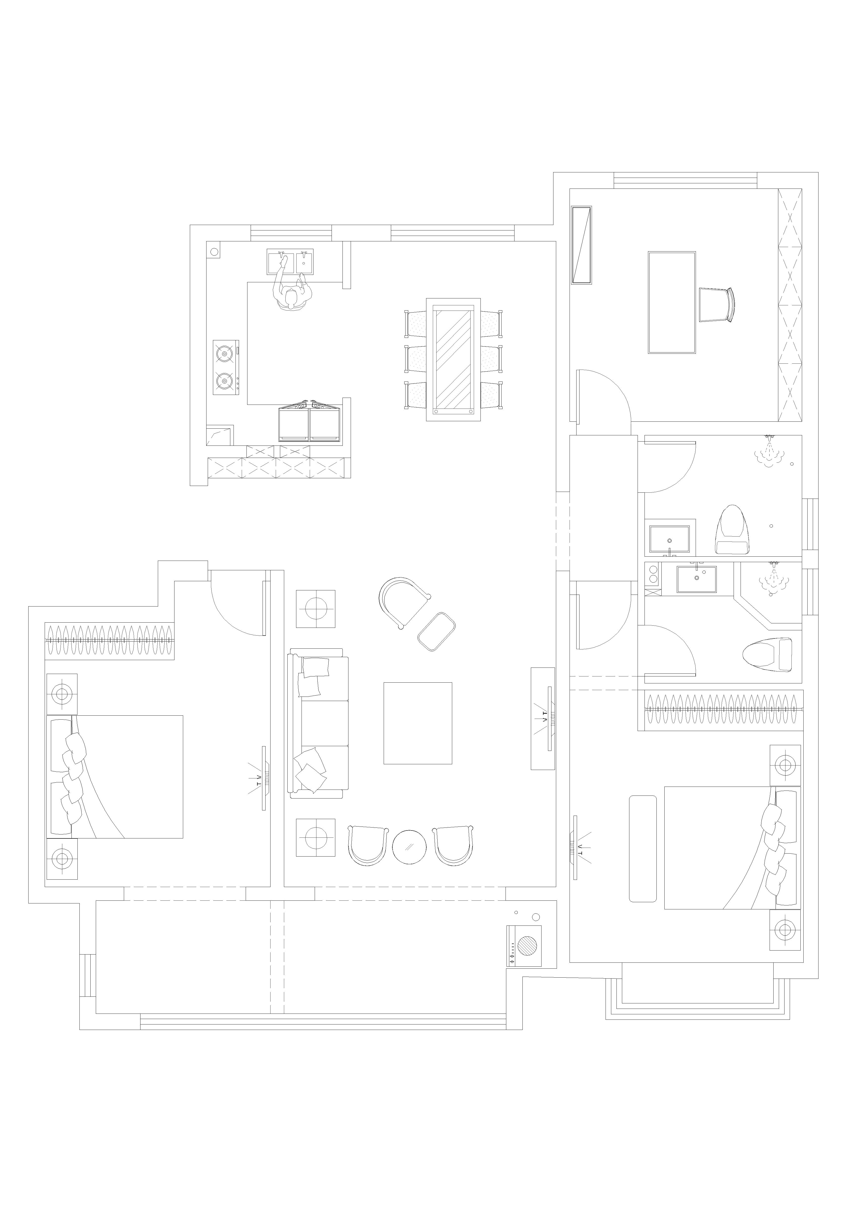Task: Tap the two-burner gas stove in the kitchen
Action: click(226, 367)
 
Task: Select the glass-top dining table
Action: click(453, 359)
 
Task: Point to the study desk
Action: click(671, 302)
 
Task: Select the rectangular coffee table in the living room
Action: click(417, 723)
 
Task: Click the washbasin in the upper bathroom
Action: click(670, 539)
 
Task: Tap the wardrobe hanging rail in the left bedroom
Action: click(109, 640)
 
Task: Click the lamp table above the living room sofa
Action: click(315, 609)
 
